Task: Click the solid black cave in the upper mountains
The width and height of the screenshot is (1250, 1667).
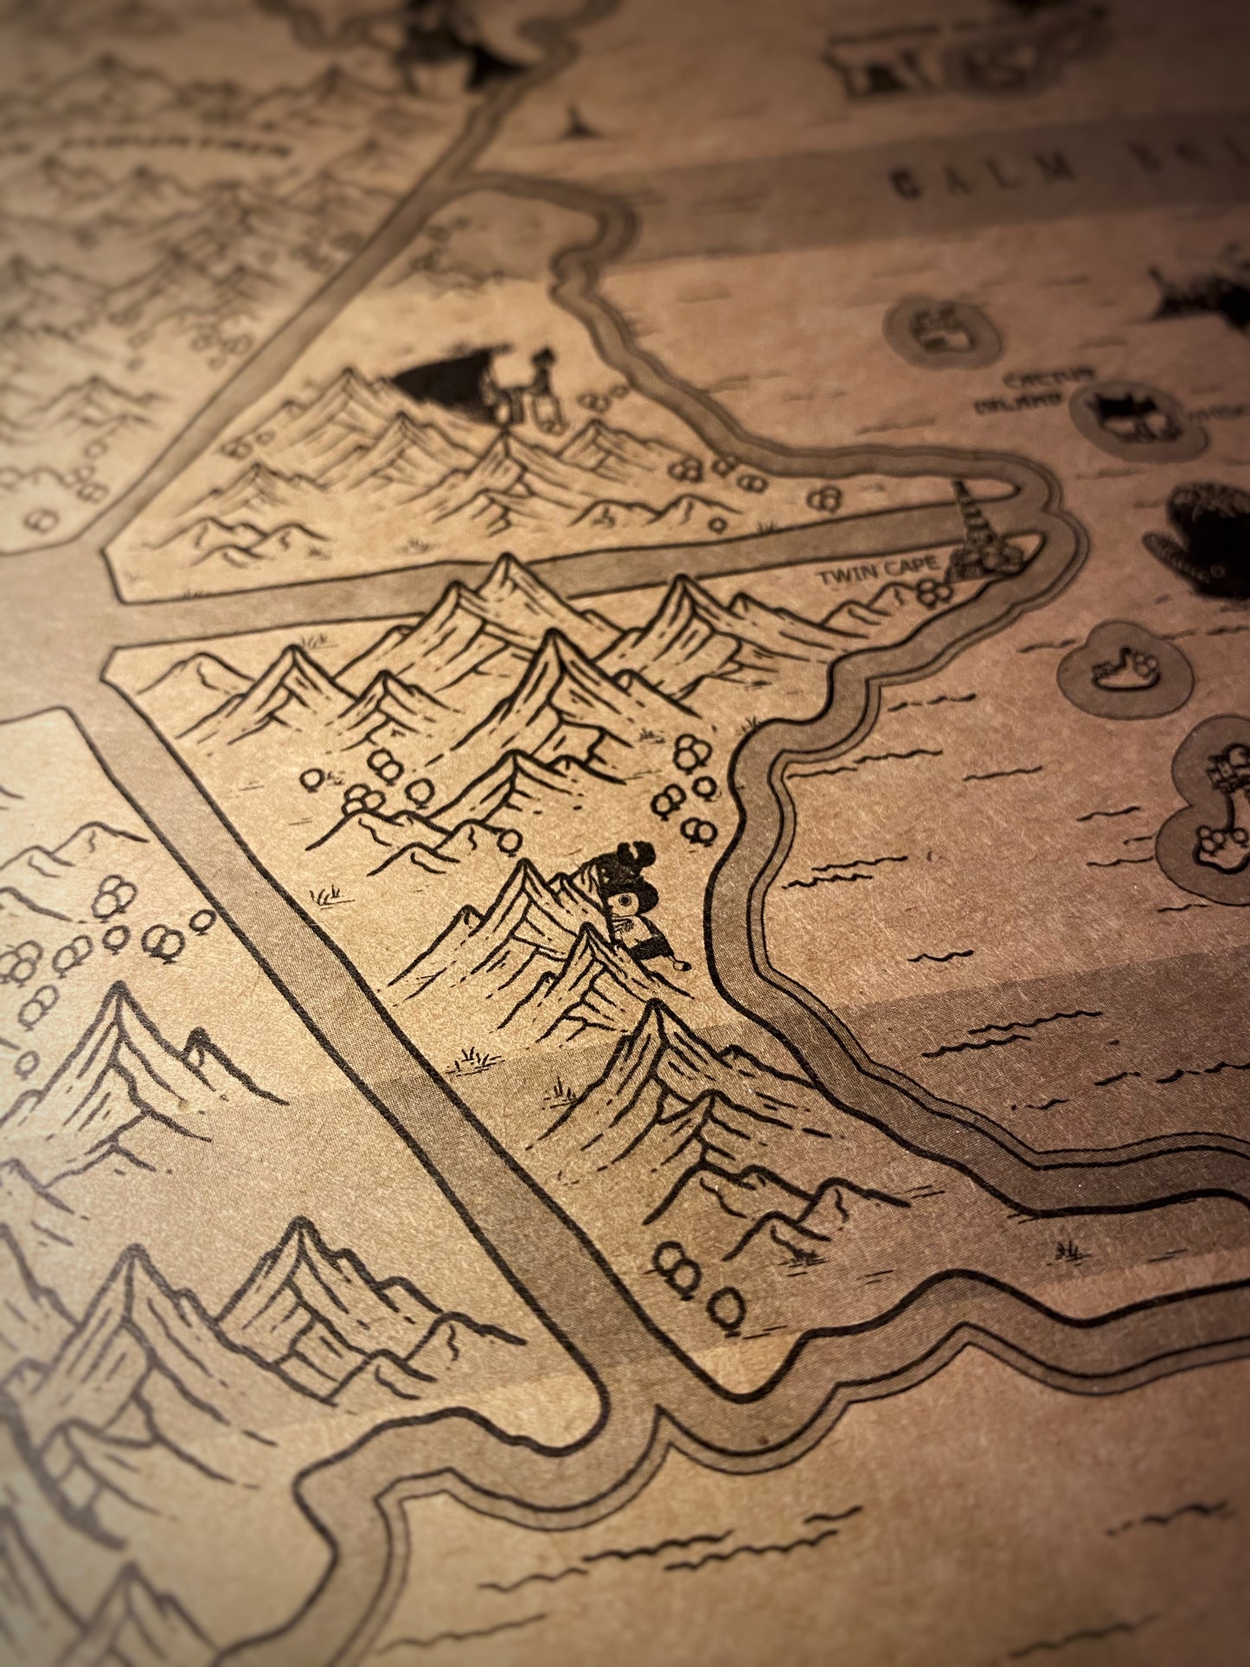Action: [x=441, y=381]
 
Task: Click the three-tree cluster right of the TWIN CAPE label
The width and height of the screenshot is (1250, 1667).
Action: [x=933, y=592]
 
